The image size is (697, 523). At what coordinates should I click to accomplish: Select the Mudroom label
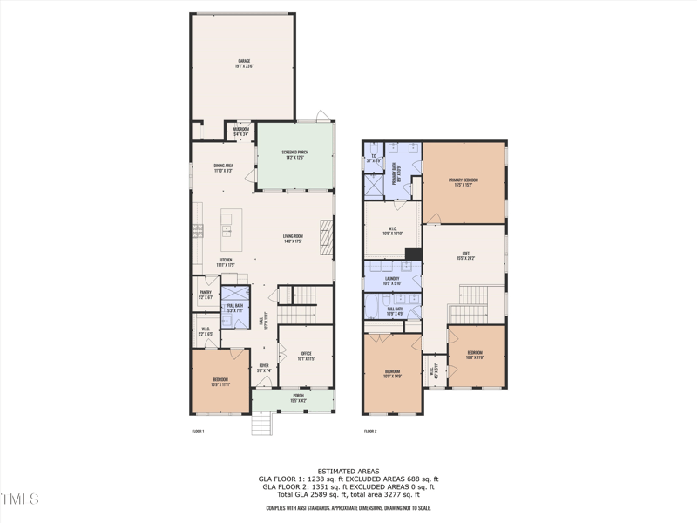click(x=241, y=131)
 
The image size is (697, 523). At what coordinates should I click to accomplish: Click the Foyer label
click(x=264, y=368)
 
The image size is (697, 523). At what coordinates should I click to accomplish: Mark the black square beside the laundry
click(x=415, y=254)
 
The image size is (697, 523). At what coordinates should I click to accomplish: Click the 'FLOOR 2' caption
click(x=370, y=431)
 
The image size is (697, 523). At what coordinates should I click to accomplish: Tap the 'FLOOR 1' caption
click(x=198, y=431)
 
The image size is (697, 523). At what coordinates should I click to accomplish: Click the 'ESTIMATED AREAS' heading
click(x=348, y=472)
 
